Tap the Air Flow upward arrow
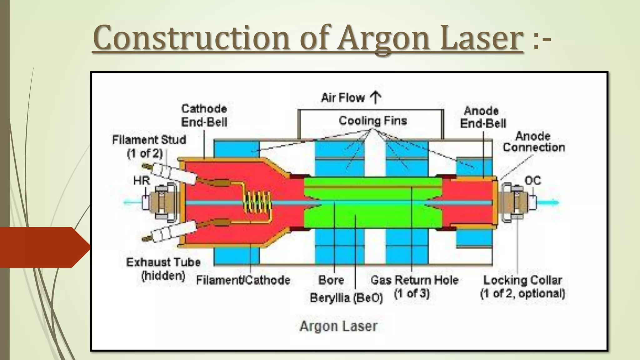coord(375,97)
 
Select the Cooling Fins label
coord(373,121)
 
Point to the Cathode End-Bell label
coord(204,115)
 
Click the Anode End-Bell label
coord(482,117)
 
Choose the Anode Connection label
coord(533,142)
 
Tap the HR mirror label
coord(142,180)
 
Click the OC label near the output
coord(532,181)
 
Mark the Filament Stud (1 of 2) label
coord(149,146)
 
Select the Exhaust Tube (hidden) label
coord(163,269)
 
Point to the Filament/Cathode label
coord(243,280)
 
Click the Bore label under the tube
coord(331,280)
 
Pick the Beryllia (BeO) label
coord(346,298)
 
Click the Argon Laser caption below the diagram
coord(338,326)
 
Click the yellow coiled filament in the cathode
coord(257,203)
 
